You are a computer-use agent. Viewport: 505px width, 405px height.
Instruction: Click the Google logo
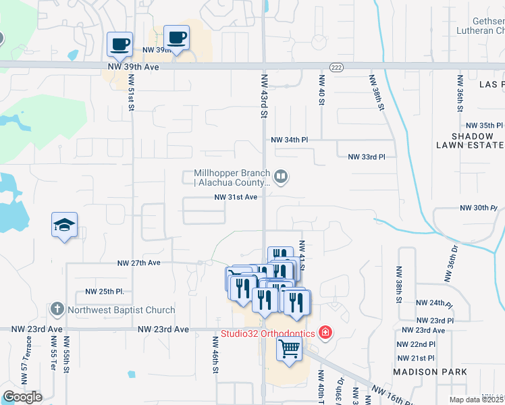[22, 397]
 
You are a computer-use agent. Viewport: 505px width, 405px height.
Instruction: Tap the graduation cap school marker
[64, 225]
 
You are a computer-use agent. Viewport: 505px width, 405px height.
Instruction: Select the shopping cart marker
[289, 350]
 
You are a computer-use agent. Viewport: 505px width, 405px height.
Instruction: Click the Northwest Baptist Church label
[122, 310]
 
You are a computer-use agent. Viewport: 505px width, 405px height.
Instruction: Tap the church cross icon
[57, 310]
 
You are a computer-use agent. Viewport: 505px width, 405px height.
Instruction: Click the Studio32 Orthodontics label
[267, 333]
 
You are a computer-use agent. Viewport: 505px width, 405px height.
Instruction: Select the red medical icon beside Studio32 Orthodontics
[325, 333]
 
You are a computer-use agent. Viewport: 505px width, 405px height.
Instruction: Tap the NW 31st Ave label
[236, 197]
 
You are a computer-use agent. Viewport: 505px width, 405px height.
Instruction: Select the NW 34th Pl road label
[289, 140]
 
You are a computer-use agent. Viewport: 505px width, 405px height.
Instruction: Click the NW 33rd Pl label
[366, 157]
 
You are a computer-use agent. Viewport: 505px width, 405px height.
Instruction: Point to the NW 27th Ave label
[139, 263]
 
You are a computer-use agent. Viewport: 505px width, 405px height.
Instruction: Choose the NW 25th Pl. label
[105, 292]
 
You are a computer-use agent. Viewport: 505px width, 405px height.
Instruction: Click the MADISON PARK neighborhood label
[431, 372]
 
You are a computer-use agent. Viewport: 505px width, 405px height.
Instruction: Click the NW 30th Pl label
[478, 208]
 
